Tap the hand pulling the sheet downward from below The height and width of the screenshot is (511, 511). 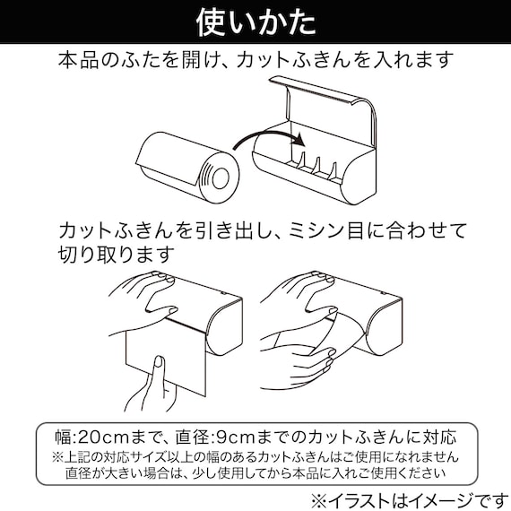pos(158,377)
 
